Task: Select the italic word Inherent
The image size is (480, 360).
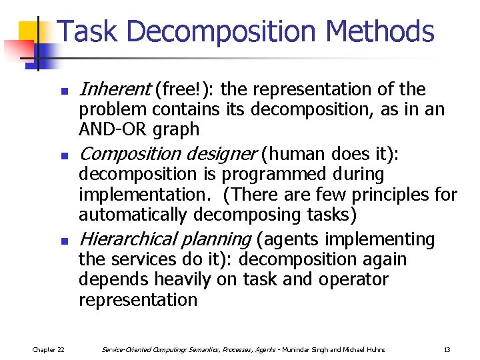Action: point(114,89)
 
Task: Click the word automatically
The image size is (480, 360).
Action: point(133,215)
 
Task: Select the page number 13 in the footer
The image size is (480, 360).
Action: point(447,349)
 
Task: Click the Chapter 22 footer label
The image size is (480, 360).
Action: point(48,349)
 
